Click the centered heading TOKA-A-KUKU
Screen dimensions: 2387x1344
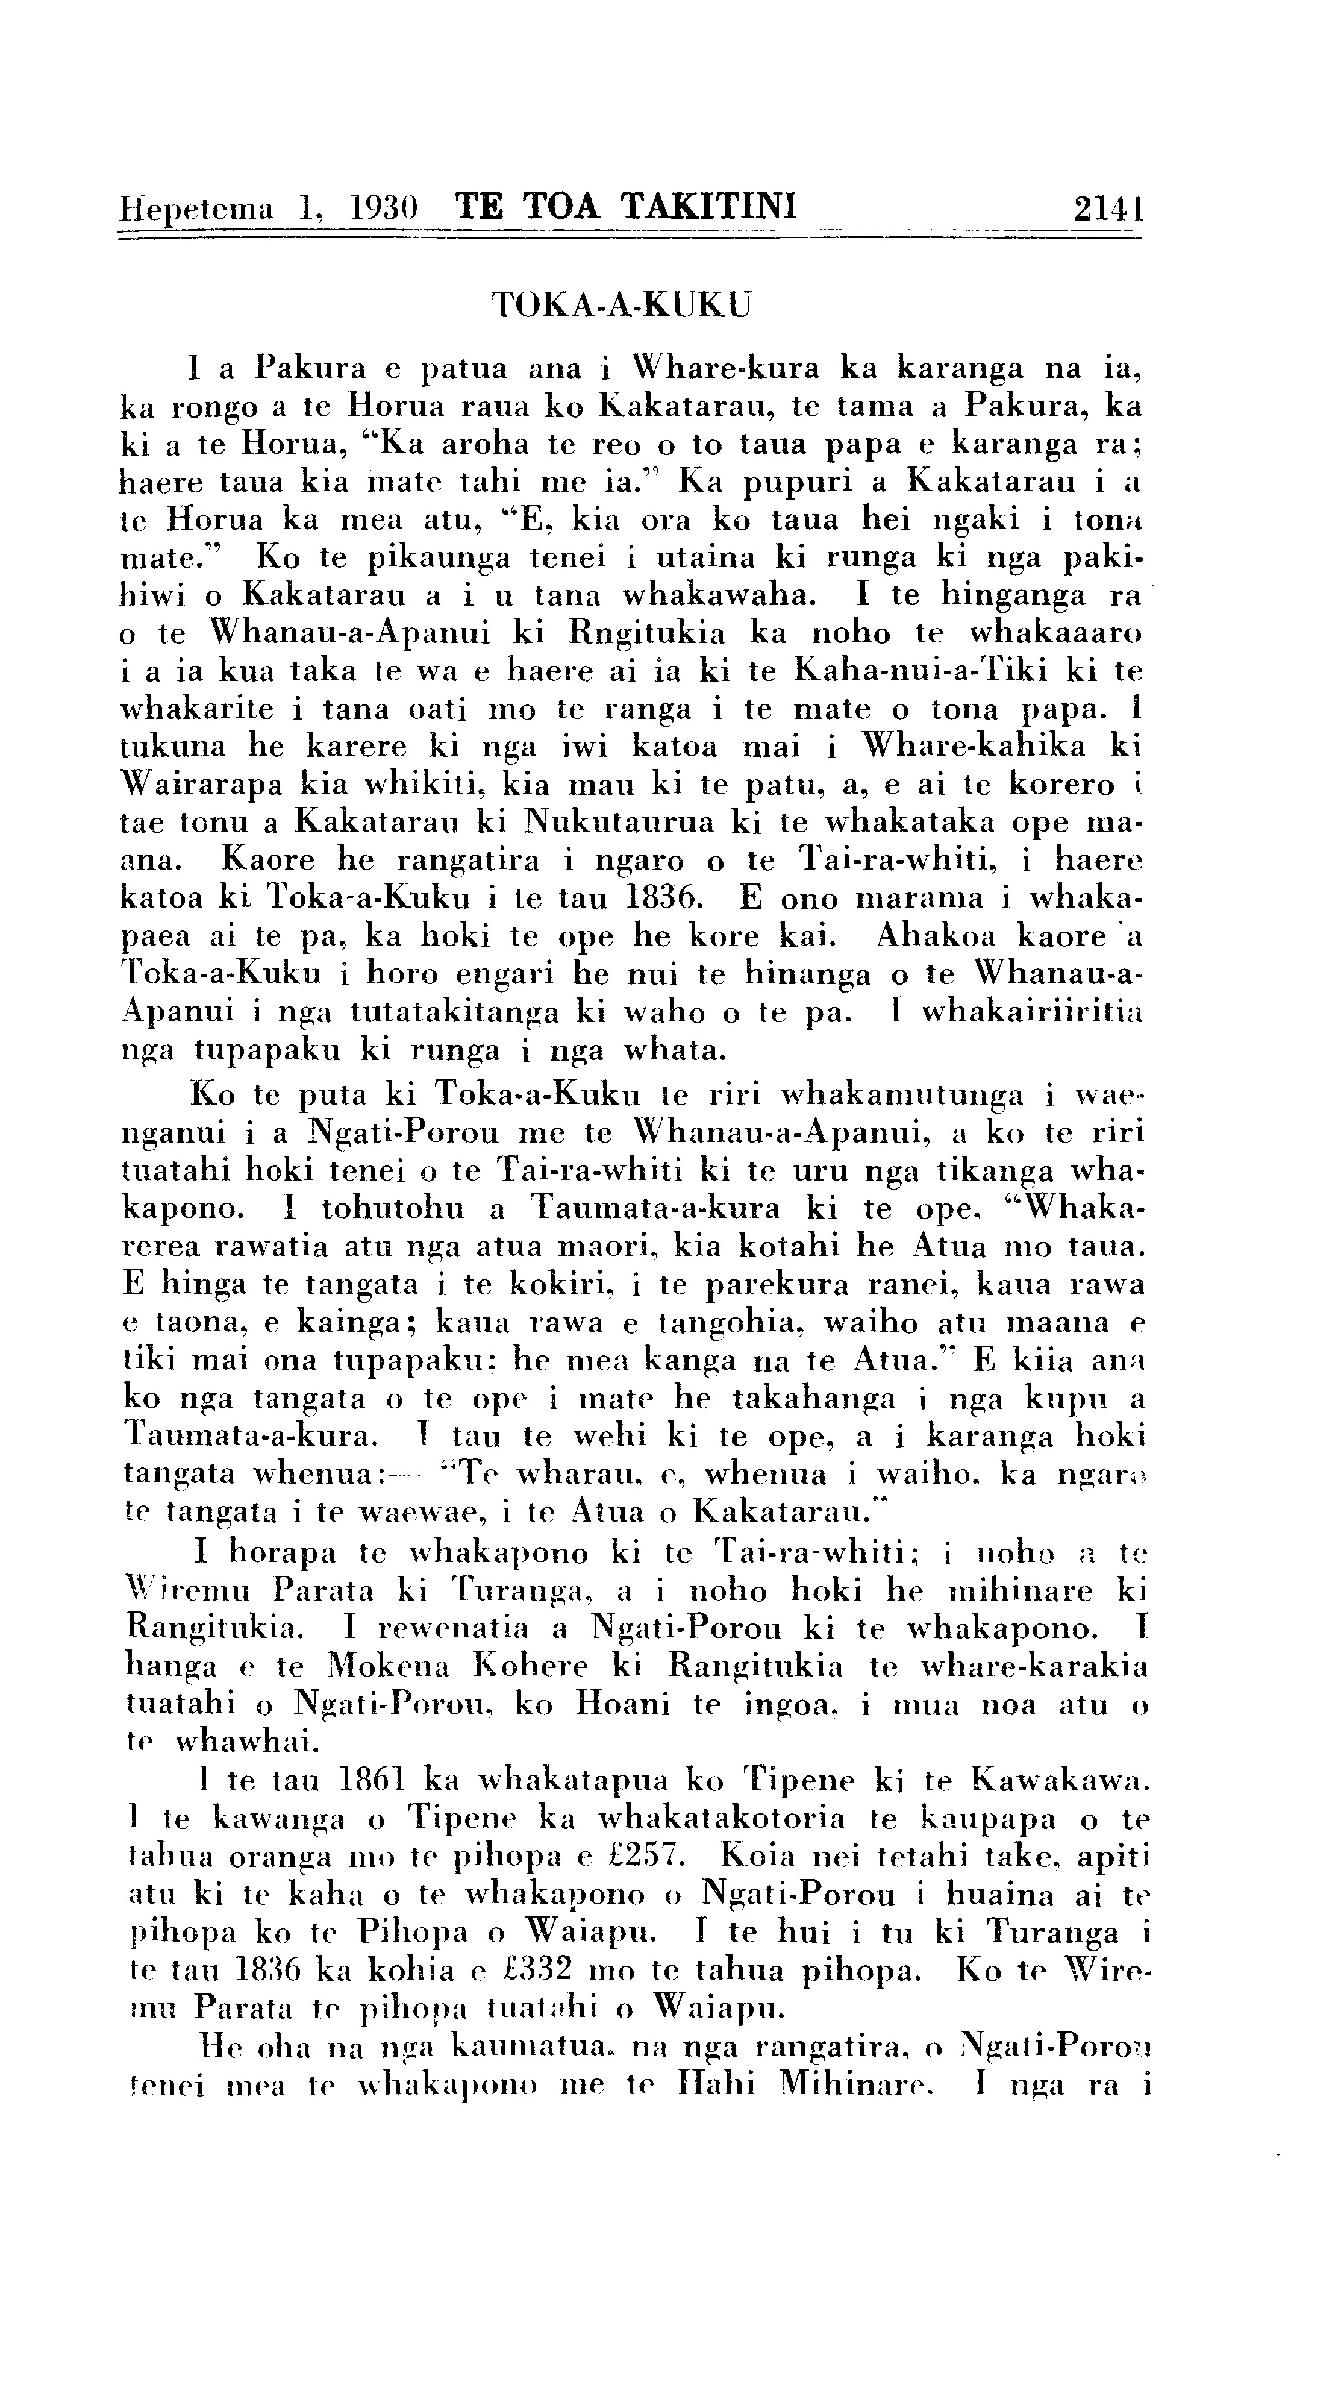tap(620, 304)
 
